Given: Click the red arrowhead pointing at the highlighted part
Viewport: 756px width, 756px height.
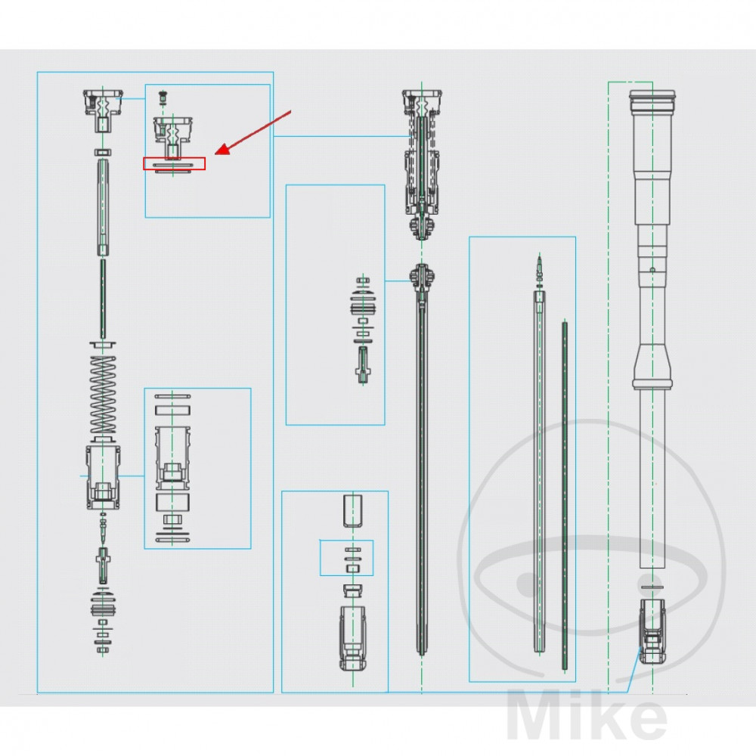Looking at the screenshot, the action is [x=222, y=150].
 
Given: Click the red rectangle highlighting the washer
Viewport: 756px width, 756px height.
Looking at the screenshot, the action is [x=174, y=163].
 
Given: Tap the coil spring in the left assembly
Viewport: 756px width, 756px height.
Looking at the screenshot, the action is [x=103, y=395].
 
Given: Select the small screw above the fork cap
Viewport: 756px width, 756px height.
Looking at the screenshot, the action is [x=163, y=98].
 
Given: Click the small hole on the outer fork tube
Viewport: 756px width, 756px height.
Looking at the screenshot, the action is [x=652, y=270].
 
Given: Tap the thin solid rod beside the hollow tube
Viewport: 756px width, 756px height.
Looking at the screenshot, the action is [x=565, y=495].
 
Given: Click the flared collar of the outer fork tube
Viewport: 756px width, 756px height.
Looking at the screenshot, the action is [x=652, y=367].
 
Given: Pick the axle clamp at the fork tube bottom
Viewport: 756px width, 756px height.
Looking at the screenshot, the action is [x=652, y=631].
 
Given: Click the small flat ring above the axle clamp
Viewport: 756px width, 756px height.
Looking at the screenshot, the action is [x=652, y=587].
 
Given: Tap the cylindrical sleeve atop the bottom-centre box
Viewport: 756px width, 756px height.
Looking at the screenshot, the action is [x=353, y=510].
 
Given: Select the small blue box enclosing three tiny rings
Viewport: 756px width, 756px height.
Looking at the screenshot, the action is [x=347, y=558].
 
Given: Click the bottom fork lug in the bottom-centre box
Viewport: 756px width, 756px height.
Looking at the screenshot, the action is [x=353, y=638].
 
